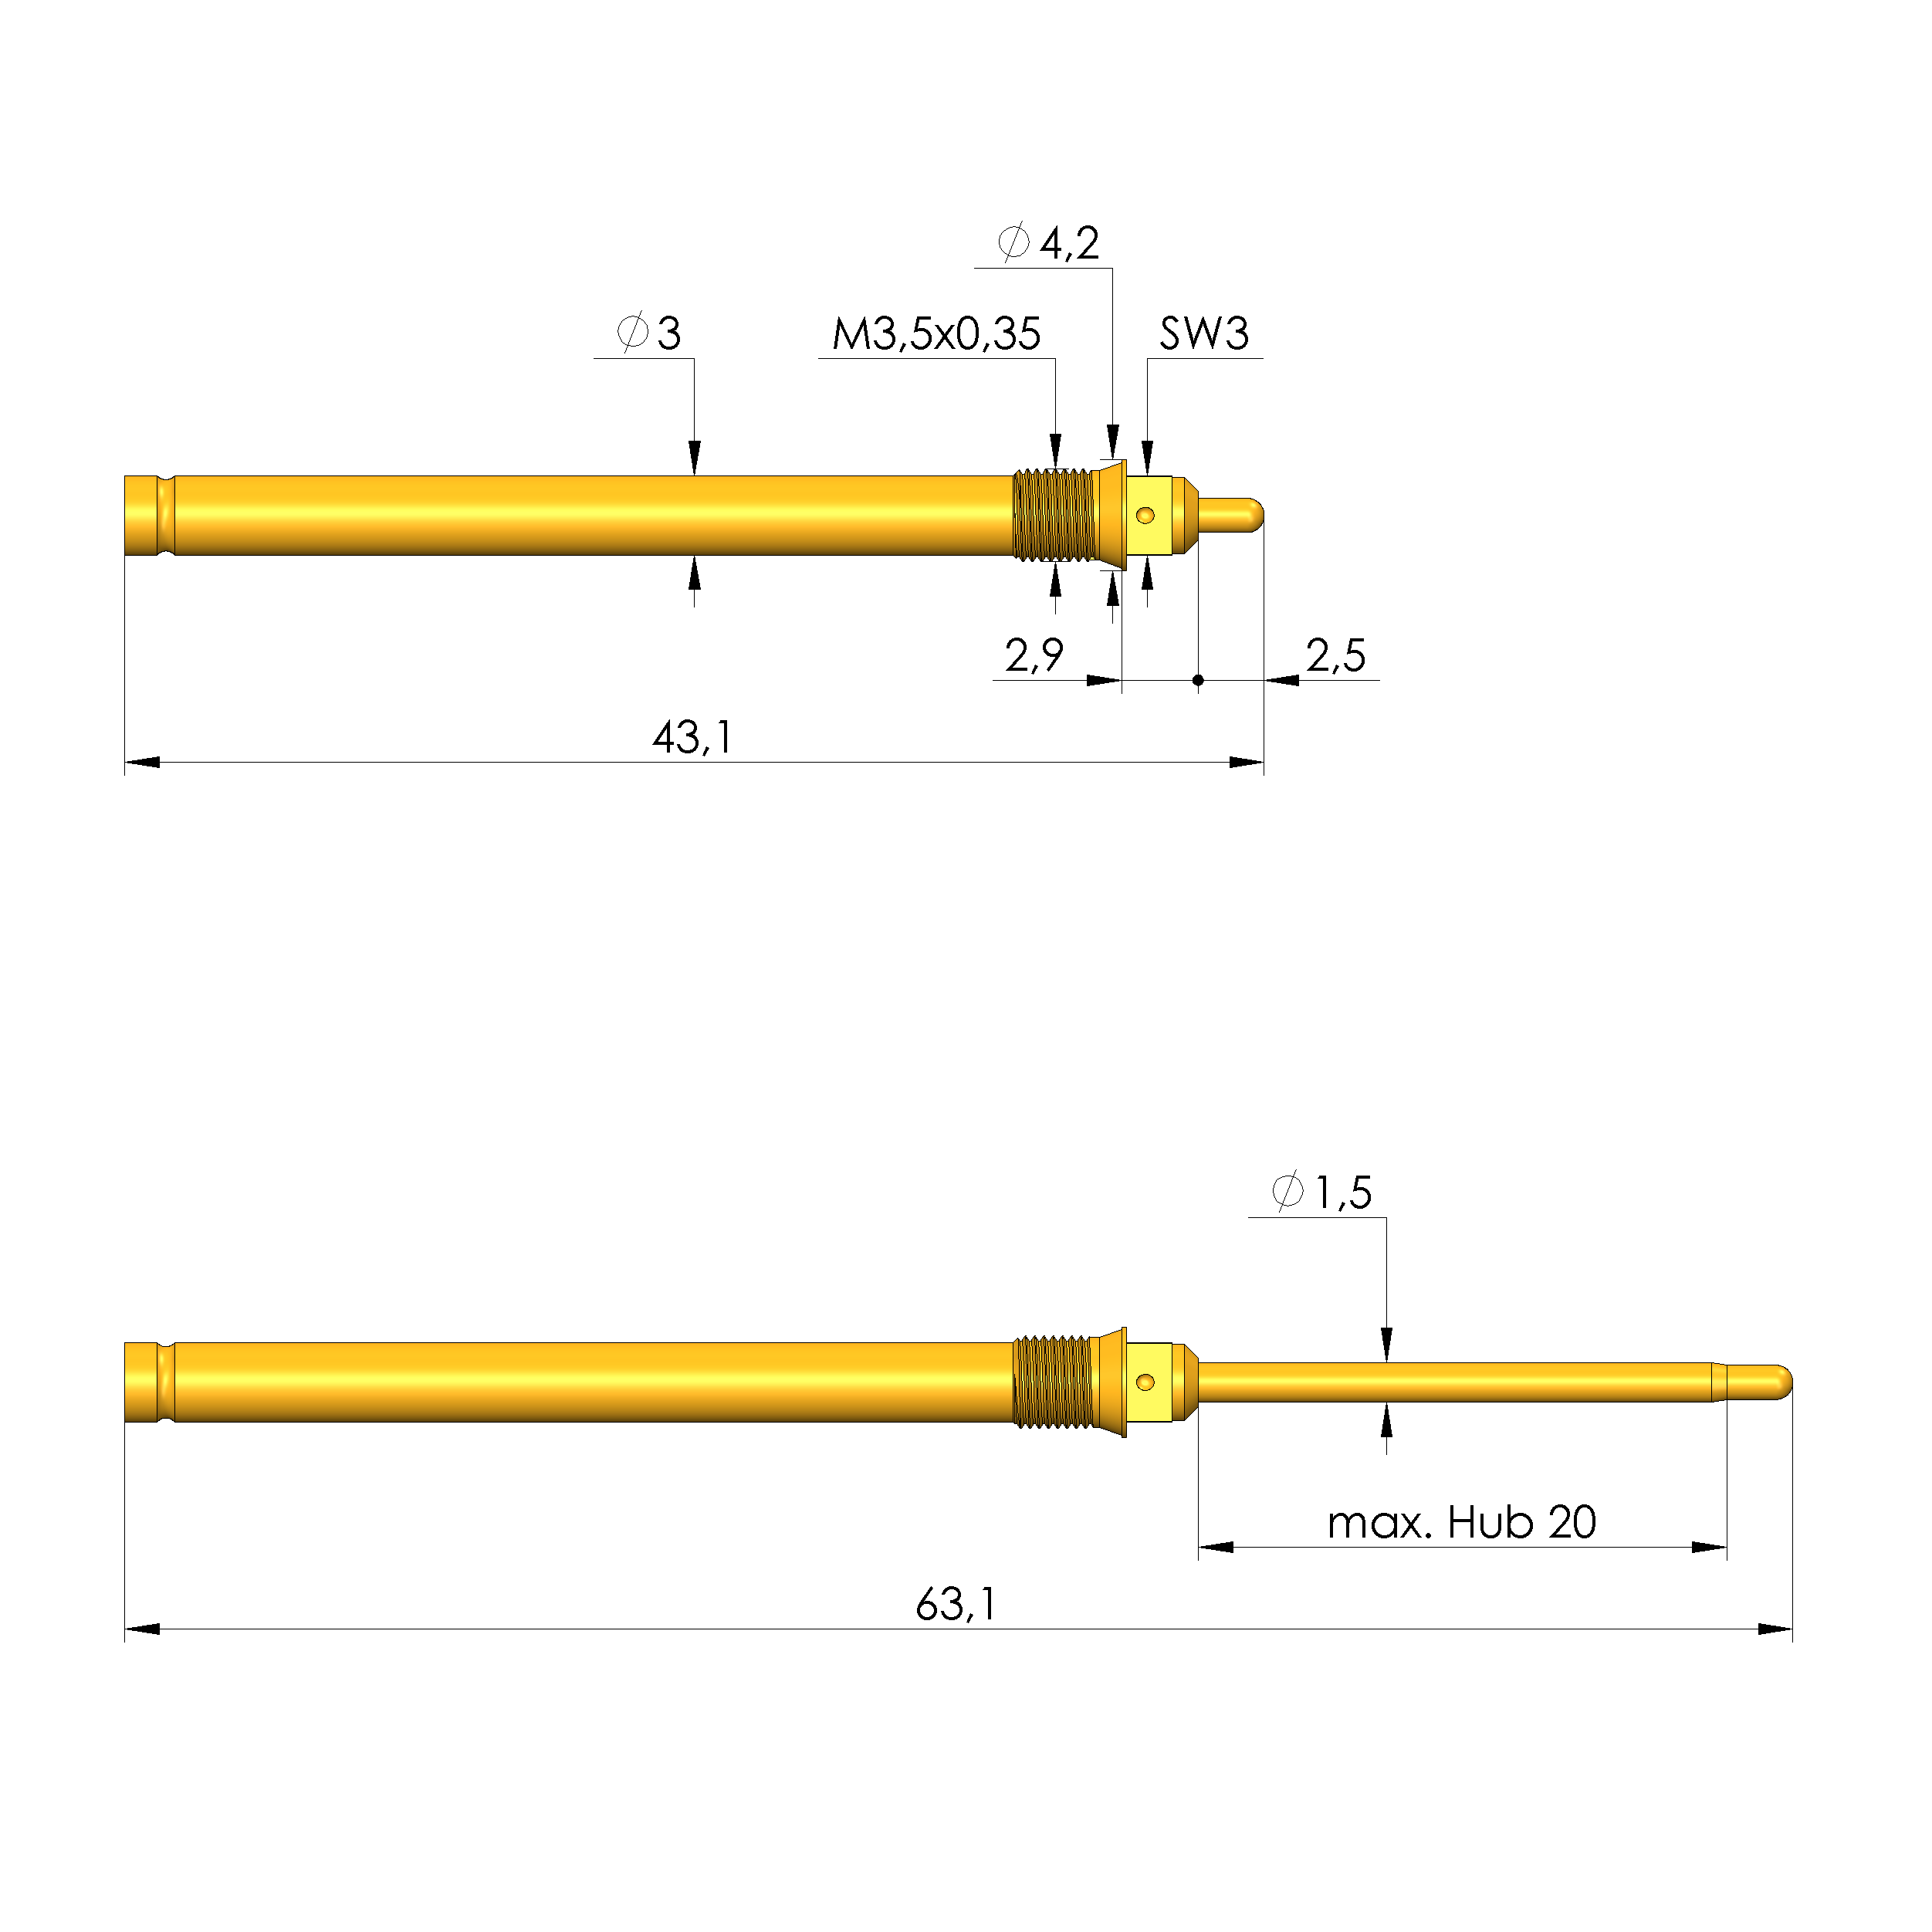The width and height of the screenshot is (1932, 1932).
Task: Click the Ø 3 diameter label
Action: (650, 333)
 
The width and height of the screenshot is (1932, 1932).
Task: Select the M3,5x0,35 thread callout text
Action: (936, 334)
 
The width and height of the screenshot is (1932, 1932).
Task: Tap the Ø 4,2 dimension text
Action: (1049, 243)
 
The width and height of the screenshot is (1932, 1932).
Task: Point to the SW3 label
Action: (1204, 334)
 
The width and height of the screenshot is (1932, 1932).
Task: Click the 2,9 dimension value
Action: (1034, 656)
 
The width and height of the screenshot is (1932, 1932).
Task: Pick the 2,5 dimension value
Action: (1335, 656)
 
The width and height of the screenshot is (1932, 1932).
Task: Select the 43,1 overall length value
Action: (692, 738)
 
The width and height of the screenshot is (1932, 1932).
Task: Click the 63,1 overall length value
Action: (956, 1605)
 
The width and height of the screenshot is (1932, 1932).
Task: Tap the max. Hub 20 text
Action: (1461, 1523)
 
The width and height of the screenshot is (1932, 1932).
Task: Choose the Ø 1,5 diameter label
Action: (1322, 1193)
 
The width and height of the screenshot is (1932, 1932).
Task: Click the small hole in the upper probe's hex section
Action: (1146, 516)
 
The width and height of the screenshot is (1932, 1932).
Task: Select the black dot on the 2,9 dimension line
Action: (1198, 681)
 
